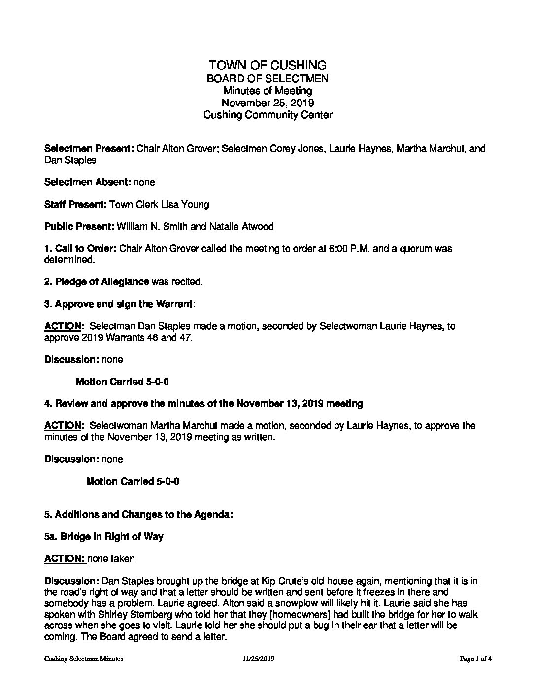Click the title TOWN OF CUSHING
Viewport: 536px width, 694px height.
click(268, 65)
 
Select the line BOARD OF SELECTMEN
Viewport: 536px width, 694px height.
click(268, 78)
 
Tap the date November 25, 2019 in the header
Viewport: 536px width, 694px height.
click(268, 103)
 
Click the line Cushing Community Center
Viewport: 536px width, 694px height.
click(268, 115)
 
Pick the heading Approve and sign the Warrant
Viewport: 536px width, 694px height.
click(123, 304)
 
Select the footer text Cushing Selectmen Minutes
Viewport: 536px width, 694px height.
click(84, 659)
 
